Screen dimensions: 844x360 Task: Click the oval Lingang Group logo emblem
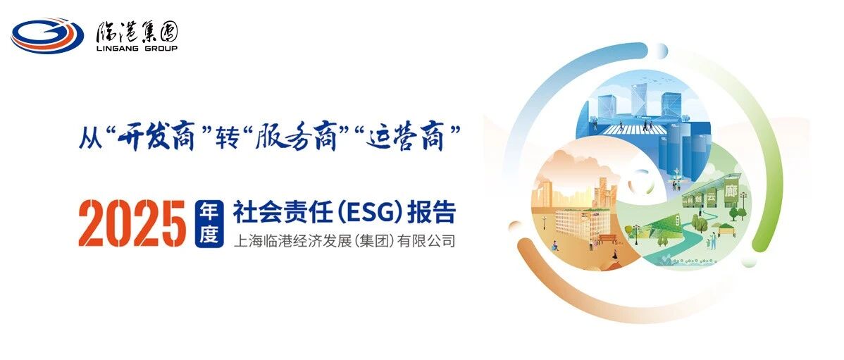[47, 35]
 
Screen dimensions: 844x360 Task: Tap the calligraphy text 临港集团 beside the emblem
[137, 32]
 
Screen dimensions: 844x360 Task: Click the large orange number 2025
[132, 223]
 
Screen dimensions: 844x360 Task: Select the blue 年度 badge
[209, 223]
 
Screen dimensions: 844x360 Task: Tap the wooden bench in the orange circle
[607, 239]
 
